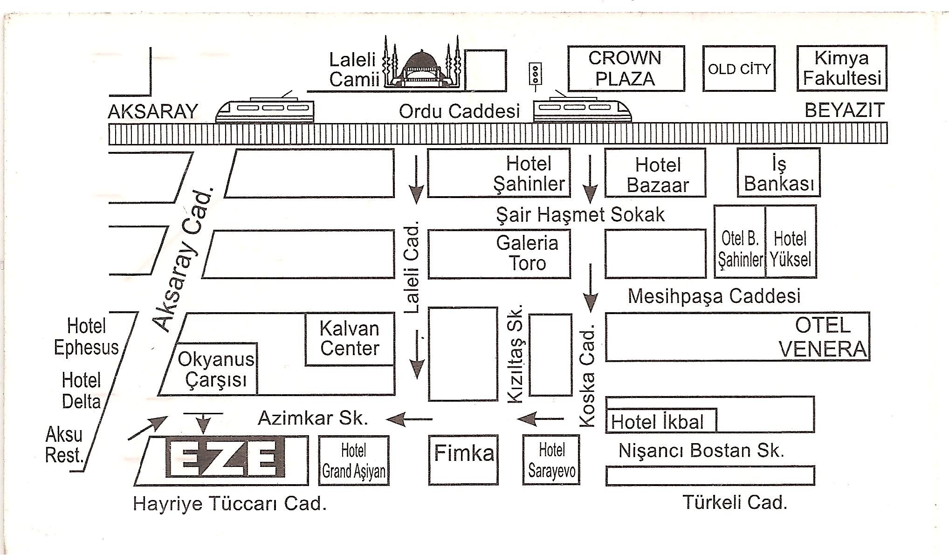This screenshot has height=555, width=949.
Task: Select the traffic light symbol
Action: (536, 74)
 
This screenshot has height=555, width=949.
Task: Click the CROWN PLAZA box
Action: (626, 69)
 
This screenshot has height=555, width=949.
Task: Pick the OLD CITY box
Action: (739, 69)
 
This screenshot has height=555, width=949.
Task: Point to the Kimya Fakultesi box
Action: (842, 68)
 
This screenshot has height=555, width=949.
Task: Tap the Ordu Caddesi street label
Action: (459, 111)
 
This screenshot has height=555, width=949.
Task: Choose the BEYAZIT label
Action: (845, 110)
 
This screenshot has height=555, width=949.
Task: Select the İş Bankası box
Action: (778, 172)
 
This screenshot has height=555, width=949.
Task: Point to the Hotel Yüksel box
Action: (791, 242)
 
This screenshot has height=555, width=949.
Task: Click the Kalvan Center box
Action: (350, 339)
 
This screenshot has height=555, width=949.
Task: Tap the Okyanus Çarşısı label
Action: (216, 370)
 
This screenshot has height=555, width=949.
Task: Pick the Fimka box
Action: (463, 460)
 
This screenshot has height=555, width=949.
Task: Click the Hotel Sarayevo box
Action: (551, 460)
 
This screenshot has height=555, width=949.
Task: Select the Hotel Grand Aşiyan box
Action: (354, 460)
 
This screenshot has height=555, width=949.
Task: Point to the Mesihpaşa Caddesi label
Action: (714, 296)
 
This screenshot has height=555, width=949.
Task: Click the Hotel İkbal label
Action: (657, 422)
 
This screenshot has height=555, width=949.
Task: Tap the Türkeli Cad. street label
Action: (735, 502)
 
